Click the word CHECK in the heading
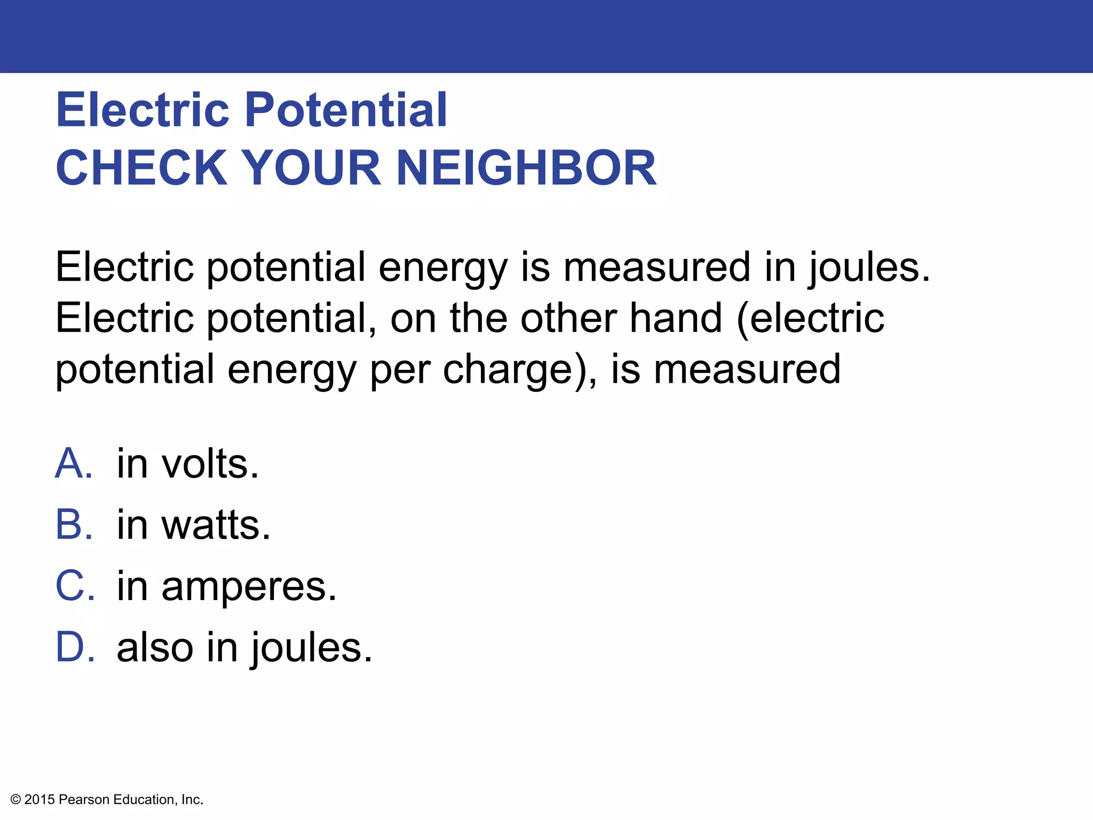(x=142, y=168)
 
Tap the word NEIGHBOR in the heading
(x=526, y=168)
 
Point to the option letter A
(x=74, y=463)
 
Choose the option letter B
(x=74, y=525)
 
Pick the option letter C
(x=75, y=586)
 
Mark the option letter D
(x=75, y=648)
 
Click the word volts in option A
(x=210, y=463)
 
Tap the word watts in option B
(x=216, y=525)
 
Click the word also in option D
(x=155, y=648)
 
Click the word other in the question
(x=567, y=318)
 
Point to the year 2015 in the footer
(x=39, y=800)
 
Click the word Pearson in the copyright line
(x=84, y=800)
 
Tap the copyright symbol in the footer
(x=15, y=800)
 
